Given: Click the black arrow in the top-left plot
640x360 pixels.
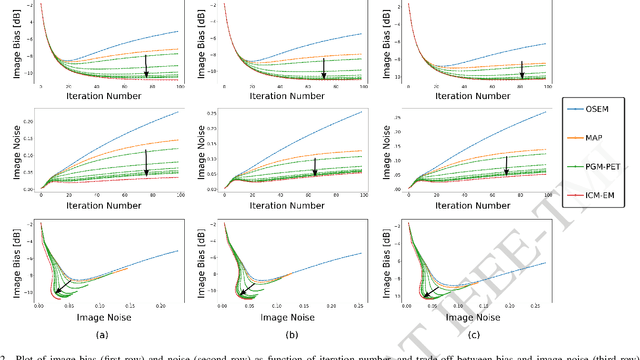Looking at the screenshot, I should pyautogui.click(x=146, y=66).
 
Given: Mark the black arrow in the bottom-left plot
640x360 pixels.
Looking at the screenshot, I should pyautogui.click(x=63, y=288).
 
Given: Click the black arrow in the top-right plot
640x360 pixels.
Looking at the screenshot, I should pyautogui.click(x=521, y=69).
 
